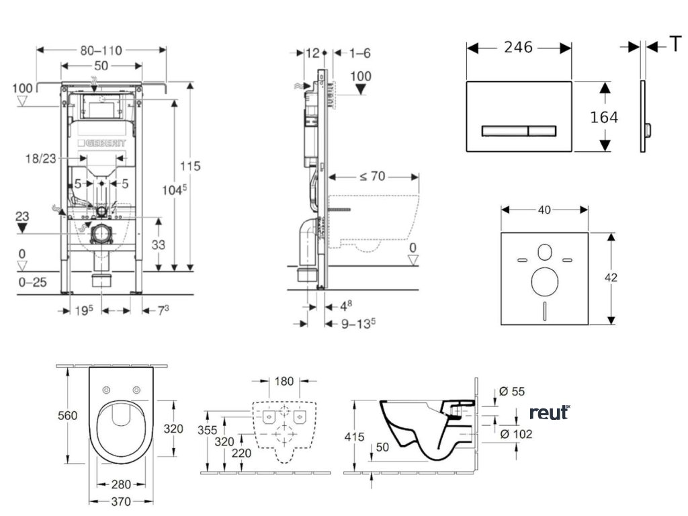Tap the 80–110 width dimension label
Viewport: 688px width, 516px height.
tap(101, 50)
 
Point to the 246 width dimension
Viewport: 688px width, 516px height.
tap(518, 47)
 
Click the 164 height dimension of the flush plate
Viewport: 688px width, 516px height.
tap(604, 117)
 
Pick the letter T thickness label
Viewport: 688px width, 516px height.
tap(675, 45)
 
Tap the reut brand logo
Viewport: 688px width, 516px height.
tap(548, 413)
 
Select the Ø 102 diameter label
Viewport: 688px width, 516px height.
tap(516, 434)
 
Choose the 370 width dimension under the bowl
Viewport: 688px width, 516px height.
tap(121, 501)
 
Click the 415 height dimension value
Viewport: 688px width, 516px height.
tap(354, 437)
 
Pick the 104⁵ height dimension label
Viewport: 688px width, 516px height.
tap(175, 191)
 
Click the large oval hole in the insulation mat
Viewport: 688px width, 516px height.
tap(544, 282)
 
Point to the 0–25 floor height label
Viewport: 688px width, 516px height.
tap(32, 282)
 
